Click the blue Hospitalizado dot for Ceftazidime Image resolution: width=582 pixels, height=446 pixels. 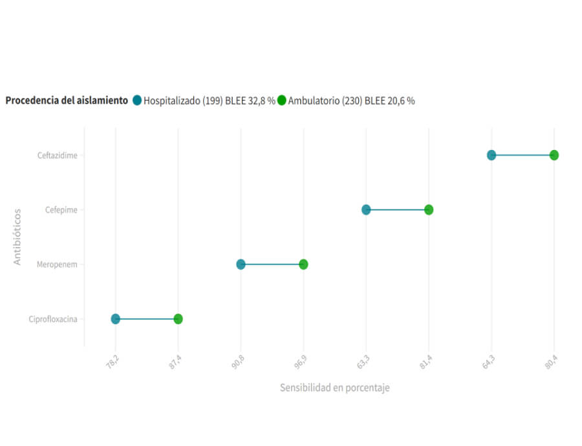[x=491, y=155]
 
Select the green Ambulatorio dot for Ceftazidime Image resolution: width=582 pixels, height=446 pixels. [x=554, y=155]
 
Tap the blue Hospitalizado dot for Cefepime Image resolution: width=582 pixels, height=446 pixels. [x=366, y=209]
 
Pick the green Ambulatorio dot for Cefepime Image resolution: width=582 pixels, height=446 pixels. [x=429, y=209]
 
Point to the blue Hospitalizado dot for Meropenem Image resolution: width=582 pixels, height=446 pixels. [x=241, y=264]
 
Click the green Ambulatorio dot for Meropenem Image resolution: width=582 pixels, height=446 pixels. [x=303, y=264]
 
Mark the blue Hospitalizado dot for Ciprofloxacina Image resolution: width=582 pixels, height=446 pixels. [x=115, y=319]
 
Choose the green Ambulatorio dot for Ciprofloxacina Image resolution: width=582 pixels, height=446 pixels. [x=178, y=319]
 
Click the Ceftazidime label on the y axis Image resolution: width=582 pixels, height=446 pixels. [x=58, y=155]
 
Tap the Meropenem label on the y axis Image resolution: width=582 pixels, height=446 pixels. [x=58, y=264]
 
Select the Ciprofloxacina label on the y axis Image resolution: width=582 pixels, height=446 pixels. [x=53, y=319]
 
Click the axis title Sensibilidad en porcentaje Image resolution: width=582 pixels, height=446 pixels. [x=334, y=388]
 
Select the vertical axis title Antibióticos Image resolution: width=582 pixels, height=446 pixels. [x=17, y=236]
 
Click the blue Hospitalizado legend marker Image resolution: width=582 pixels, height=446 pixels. [x=137, y=100]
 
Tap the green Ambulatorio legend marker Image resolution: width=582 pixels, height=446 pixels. [x=282, y=100]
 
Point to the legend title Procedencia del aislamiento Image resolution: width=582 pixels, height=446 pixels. [x=67, y=100]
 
